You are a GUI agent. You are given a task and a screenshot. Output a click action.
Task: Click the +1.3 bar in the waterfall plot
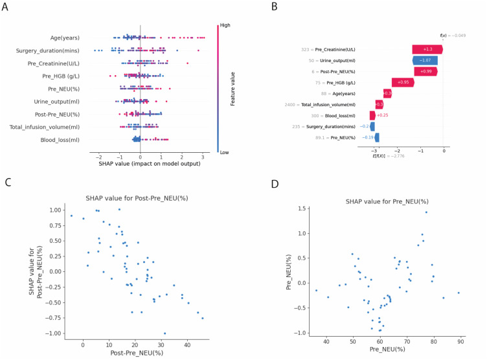pyautogui.click(x=427, y=49)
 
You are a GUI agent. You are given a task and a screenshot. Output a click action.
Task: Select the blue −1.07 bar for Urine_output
pyautogui.click(x=425, y=60)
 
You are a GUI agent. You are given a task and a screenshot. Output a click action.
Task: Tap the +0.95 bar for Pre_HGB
pyautogui.click(x=402, y=82)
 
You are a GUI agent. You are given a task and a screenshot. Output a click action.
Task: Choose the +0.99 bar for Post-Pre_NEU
pyautogui.click(x=425, y=71)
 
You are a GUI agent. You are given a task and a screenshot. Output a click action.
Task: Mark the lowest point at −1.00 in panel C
pyautogui.click(x=164, y=333)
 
